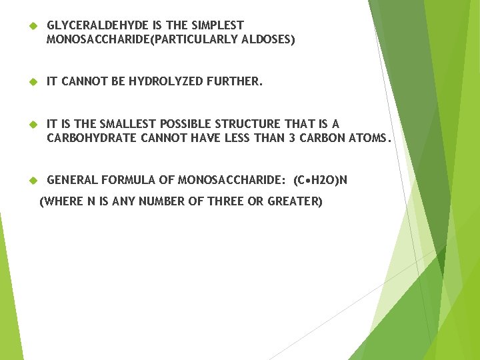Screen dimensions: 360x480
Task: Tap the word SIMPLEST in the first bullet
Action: [219, 25]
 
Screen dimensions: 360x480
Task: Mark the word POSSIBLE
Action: [183, 124]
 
